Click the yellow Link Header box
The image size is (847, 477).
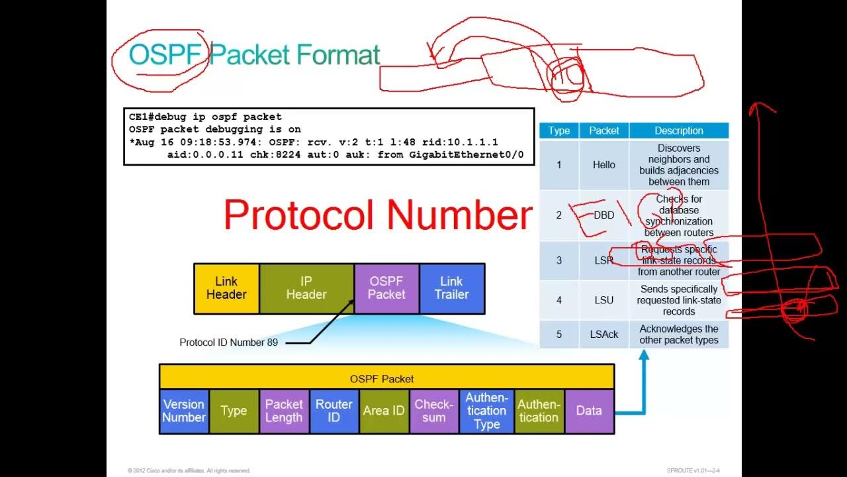pyautogui.click(x=226, y=288)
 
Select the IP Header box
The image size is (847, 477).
pyautogui.click(x=306, y=288)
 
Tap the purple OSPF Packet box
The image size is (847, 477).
pyautogui.click(x=386, y=288)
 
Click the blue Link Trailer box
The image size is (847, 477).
pyautogui.click(x=451, y=288)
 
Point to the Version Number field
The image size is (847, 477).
pyautogui.click(x=184, y=411)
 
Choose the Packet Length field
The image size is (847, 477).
pyautogui.click(x=284, y=411)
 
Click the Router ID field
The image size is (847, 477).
pyautogui.click(x=334, y=411)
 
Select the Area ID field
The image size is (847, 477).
pyautogui.click(x=384, y=411)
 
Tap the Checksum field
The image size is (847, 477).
pyautogui.click(x=433, y=411)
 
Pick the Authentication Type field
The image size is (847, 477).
pyautogui.click(x=486, y=411)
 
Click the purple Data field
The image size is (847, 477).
pyautogui.click(x=589, y=411)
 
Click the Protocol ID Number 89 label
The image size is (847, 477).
pyautogui.click(x=228, y=343)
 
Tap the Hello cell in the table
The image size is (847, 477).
pyautogui.click(x=603, y=165)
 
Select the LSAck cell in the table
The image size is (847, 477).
pyautogui.click(x=603, y=335)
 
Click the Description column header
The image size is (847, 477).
pyautogui.click(x=679, y=131)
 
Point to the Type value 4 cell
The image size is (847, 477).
pyautogui.click(x=558, y=300)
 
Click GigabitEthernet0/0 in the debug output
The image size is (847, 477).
pyautogui.click(x=467, y=154)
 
